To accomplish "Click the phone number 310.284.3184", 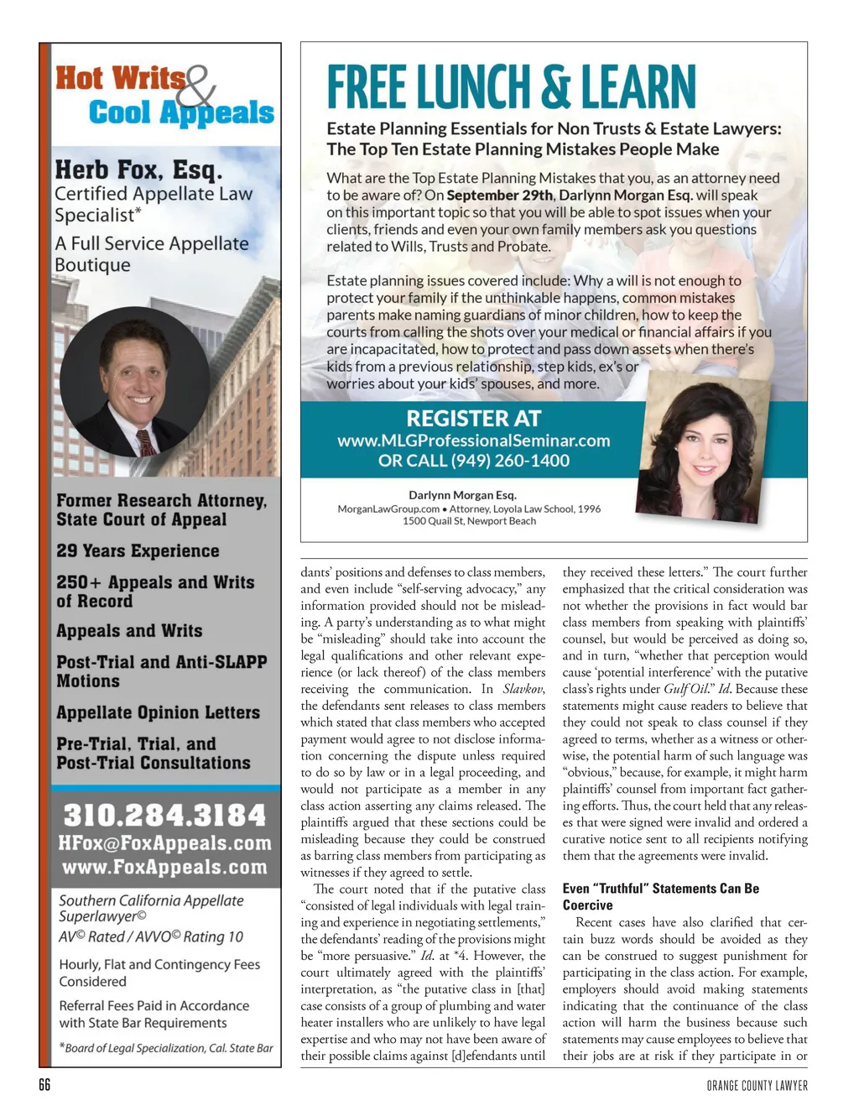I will click(x=164, y=815).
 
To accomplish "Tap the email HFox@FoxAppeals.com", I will click(x=164, y=843).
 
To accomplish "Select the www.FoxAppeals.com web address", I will click(x=164, y=867).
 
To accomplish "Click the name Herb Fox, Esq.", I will click(x=138, y=170).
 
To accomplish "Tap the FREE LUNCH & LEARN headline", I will click(x=511, y=88).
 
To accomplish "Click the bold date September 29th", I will click(x=500, y=196).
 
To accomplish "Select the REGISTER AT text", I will click(x=473, y=418).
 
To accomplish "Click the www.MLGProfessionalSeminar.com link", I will click(x=473, y=441).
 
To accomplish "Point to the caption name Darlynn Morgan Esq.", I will click(x=462, y=495).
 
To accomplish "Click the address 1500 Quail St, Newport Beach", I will click(x=469, y=521).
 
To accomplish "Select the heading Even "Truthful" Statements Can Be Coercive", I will click(x=660, y=897).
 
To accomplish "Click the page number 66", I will click(x=44, y=1085).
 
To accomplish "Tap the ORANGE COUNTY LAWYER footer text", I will click(x=757, y=1086).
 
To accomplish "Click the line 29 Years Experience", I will click(x=138, y=551).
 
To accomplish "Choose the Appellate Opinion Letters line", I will click(x=158, y=713).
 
